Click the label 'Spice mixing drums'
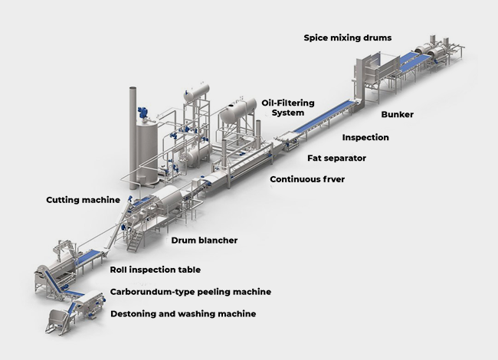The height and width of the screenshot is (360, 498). [347, 38]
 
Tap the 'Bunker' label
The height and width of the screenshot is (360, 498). [397, 115]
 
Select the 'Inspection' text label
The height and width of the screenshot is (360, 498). [365, 138]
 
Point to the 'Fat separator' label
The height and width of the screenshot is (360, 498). [337, 159]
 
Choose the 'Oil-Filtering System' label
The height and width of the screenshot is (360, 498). [288, 108]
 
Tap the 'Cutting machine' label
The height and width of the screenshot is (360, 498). [84, 200]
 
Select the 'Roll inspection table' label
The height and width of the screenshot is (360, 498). [156, 270]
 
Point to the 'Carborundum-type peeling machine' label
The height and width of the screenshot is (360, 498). [191, 292]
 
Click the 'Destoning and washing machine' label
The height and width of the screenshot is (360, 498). [183, 314]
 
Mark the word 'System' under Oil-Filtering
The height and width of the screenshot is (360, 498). [288, 113]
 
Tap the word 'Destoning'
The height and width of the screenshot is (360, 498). [136, 314]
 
